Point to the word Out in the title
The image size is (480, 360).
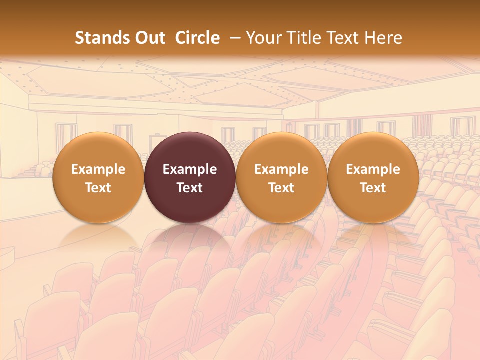[x=149, y=38]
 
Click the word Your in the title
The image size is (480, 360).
[x=263, y=38]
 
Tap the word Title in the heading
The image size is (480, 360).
[x=302, y=38]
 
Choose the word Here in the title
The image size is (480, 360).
[x=383, y=38]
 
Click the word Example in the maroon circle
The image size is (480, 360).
[x=190, y=169]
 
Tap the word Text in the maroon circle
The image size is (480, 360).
[x=190, y=188]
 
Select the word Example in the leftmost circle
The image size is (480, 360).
[x=98, y=169]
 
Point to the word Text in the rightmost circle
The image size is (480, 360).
[x=373, y=188]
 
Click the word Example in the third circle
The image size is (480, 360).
[x=281, y=169]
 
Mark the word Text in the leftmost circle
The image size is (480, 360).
[x=98, y=188]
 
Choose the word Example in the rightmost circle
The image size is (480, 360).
[x=373, y=169]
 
